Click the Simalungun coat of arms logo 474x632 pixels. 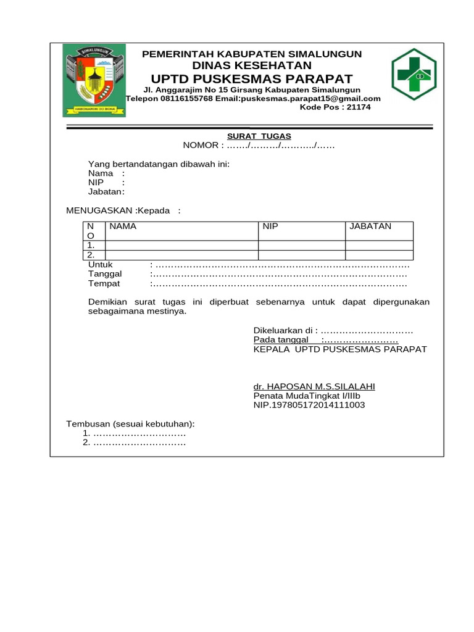click(94, 81)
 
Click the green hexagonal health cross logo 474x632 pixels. click(414, 75)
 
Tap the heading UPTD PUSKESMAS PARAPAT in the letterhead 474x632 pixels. click(252, 78)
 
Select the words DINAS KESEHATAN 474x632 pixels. click(252, 65)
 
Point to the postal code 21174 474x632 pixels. click(359, 107)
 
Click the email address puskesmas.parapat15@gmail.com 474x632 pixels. click(311, 98)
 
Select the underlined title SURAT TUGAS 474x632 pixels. click(259, 136)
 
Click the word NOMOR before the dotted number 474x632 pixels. click(201, 145)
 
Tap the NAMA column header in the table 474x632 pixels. click(123, 227)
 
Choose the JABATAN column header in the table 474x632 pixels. click(370, 227)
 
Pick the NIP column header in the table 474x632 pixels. click(270, 227)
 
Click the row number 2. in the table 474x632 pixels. click(91, 254)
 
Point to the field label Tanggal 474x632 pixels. click(105, 273)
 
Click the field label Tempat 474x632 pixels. click(104, 283)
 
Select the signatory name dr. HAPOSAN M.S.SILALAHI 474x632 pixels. click(314, 386)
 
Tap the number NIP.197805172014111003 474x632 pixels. click(309, 405)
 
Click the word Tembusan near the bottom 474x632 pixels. click(88, 423)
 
